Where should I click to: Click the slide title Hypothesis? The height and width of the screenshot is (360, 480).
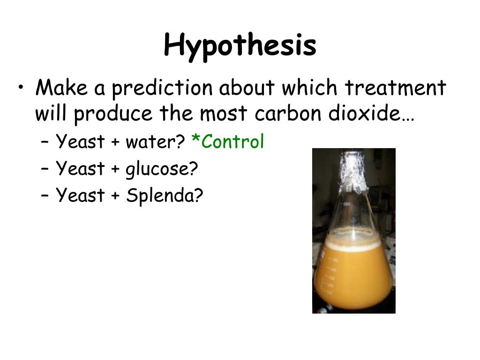pos(240,46)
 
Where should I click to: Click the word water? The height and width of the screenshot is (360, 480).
pos(155,142)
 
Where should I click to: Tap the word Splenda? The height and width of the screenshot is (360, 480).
pos(164,195)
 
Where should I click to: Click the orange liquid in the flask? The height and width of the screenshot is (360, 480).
pos(352,277)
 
